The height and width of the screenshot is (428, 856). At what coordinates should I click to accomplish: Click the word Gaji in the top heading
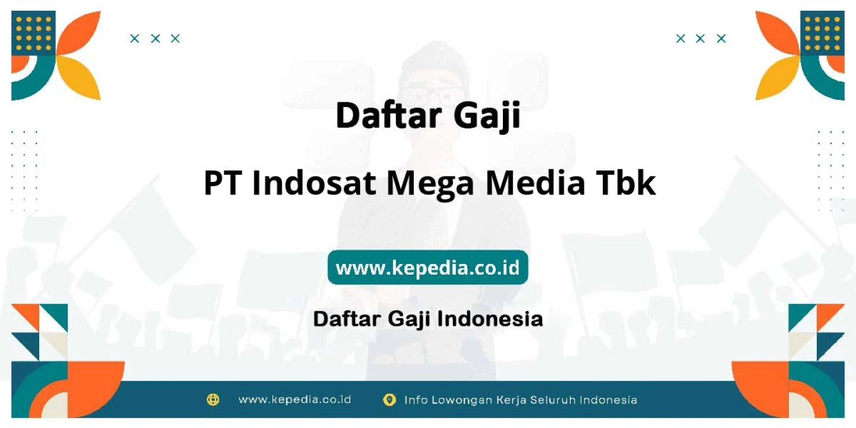tap(487, 116)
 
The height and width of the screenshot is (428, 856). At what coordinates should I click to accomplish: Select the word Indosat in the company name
tap(314, 183)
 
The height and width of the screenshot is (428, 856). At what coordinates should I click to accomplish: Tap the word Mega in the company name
tap(430, 185)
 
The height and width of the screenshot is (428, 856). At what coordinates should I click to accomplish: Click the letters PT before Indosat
tap(222, 183)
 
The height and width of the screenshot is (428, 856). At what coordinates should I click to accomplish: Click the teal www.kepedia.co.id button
tap(427, 267)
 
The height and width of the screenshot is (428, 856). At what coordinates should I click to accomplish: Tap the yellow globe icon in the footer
tap(213, 399)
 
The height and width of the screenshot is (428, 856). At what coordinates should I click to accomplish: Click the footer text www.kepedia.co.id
tap(295, 399)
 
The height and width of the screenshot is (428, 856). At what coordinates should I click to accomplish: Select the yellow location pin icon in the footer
tap(389, 400)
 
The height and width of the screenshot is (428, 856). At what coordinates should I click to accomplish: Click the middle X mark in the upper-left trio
tap(155, 39)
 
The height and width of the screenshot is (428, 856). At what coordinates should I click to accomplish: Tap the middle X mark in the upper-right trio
tap(700, 39)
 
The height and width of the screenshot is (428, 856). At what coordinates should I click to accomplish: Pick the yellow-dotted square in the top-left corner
tap(33, 33)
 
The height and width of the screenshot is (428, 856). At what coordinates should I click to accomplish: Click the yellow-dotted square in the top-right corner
tap(822, 33)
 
